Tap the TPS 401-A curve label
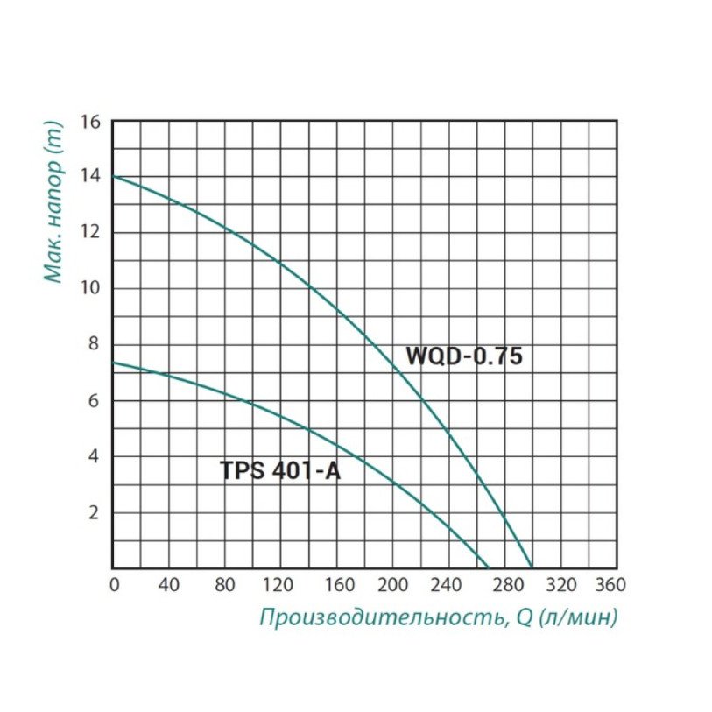coord(279,470)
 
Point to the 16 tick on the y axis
coord(92,121)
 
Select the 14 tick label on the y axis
coord(92,177)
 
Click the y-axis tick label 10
coord(92,289)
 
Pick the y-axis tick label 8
coord(95,344)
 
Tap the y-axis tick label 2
coord(95,512)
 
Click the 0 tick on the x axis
coord(114,584)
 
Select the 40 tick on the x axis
coord(168,584)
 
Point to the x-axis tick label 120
coord(281,584)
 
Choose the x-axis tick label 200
coord(393,584)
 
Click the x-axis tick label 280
coord(505,584)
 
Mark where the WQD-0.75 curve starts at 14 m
coord(114,177)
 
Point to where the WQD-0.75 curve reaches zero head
coord(532,567)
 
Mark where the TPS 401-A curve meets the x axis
coord(489,567)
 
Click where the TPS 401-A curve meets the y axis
coord(114,362)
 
